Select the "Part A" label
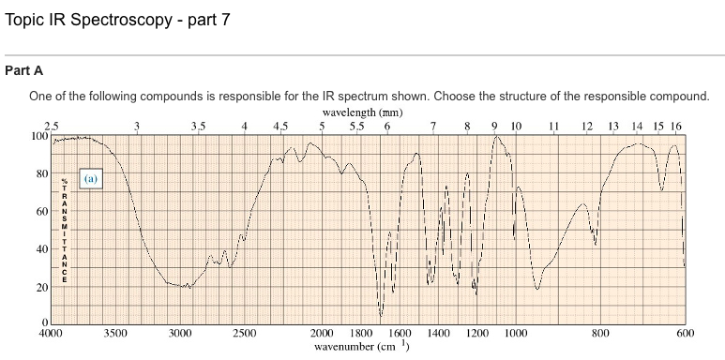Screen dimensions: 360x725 click(23, 70)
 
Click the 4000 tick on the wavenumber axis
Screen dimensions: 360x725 click(51, 333)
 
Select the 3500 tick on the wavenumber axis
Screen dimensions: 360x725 click(114, 333)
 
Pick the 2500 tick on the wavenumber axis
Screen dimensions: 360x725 click(244, 333)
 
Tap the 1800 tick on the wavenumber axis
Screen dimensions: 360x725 click(360, 333)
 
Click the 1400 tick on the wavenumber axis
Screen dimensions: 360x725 click(438, 333)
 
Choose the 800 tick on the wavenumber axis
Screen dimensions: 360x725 click(600, 333)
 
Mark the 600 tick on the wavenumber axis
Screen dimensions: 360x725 click(684, 333)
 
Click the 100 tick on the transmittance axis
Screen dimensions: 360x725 click(39, 136)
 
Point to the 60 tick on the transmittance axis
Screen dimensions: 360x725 click(42, 212)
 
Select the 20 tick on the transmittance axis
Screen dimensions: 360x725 click(42, 287)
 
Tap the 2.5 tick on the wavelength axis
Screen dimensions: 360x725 click(52, 126)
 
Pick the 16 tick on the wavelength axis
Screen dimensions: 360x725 click(676, 126)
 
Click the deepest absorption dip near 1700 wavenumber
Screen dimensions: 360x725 click(381, 315)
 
